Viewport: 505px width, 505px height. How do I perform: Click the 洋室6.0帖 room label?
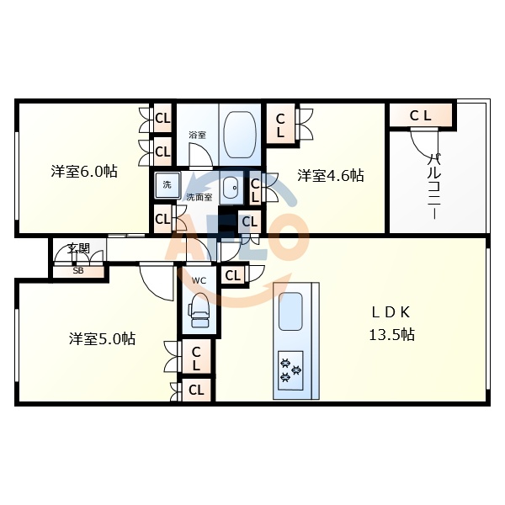[83, 172]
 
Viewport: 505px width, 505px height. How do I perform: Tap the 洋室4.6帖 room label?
[331, 176]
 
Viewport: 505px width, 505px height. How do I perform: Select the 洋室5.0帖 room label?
[102, 339]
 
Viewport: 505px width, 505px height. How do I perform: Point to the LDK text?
[391, 311]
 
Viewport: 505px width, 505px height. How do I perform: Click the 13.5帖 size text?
[391, 334]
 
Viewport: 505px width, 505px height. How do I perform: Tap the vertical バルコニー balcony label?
[434, 186]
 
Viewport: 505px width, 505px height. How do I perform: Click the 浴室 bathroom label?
[197, 135]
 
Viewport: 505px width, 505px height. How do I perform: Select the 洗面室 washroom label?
[199, 196]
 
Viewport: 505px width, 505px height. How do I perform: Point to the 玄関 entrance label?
[79, 249]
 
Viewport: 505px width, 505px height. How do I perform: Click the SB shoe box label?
[78, 271]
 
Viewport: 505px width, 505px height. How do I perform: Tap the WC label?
[199, 280]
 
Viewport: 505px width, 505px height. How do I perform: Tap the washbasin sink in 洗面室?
[232, 189]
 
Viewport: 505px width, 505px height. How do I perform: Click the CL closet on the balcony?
[421, 115]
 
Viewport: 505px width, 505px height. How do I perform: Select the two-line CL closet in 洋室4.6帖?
[280, 125]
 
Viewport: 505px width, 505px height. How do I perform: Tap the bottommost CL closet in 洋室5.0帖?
[196, 391]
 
